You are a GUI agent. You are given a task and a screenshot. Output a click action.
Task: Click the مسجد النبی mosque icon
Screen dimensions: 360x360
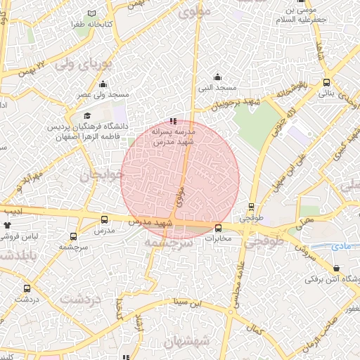click(217, 77)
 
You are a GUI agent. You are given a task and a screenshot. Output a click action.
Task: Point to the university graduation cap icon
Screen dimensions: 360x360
click(86, 116)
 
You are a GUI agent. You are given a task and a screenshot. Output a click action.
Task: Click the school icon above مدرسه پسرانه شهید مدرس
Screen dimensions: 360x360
click(174, 121)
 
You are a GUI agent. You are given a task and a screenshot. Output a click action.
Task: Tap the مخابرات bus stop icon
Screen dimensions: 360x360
click(218, 227)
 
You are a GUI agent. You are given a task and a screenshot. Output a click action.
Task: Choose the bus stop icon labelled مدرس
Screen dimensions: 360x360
click(105, 219)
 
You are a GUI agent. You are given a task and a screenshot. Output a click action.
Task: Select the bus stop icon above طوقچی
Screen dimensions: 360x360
click(251, 207)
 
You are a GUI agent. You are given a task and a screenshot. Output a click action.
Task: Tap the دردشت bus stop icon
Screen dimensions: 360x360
click(27, 288)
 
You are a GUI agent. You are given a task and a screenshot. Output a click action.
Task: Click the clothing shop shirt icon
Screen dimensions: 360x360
click(8, 226)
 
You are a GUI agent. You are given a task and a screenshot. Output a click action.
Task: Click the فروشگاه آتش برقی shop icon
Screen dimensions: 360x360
click(337, 269)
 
